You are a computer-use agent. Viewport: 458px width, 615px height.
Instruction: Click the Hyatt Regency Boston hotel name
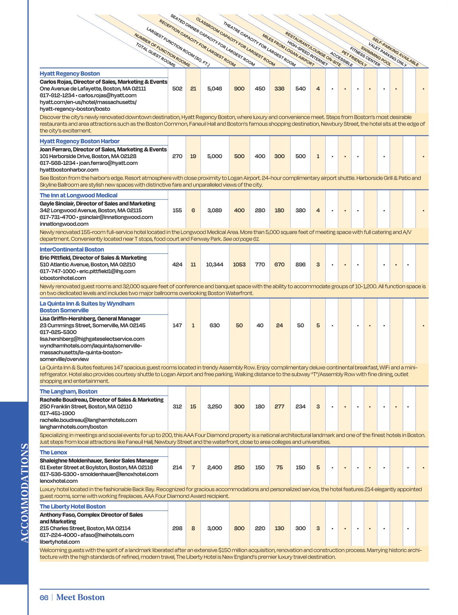pyautogui.click(x=70, y=73)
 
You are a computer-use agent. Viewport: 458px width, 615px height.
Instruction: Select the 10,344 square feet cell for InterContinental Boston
pyautogui.click(x=214, y=265)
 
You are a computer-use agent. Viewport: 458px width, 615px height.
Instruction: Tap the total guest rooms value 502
pyautogui.click(x=177, y=89)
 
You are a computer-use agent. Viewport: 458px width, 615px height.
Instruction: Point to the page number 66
pyautogui.click(x=44, y=598)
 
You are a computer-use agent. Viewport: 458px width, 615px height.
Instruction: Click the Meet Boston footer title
pyautogui.click(x=80, y=598)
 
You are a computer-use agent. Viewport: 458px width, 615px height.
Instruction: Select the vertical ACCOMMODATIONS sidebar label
pyautogui.click(x=25, y=493)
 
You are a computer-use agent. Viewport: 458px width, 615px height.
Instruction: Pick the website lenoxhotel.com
pyautogui.click(x=59, y=481)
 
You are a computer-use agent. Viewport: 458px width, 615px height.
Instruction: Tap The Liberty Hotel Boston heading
pyautogui.click(x=72, y=507)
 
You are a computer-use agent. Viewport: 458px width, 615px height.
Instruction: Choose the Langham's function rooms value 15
pyautogui.click(x=193, y=406)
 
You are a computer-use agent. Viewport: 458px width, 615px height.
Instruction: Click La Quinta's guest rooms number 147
pyautogui.click(x=177, y=325)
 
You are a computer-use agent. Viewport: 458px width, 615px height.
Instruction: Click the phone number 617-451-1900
pyautogui.click(x=57, y=413)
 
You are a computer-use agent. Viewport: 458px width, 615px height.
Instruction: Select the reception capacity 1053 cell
pyautogui.click(x=239, y=265)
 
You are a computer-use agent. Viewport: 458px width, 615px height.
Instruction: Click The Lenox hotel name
pyautogui.click(x=53, y=453)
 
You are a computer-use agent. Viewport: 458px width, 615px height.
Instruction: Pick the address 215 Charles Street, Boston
pyautogui.click(x=85, y=528)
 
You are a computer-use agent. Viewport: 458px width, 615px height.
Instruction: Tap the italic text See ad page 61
pyautogui.click(x=241, y=239)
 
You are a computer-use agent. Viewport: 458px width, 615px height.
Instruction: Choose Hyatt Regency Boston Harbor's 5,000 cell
pyautogui.click(x=214, y=157)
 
